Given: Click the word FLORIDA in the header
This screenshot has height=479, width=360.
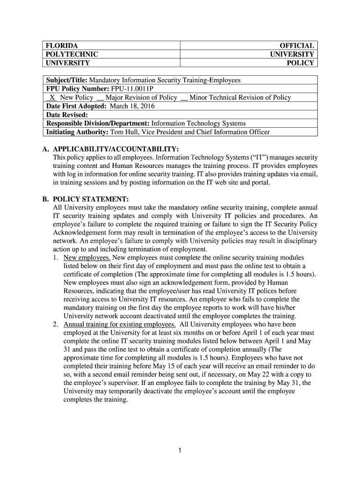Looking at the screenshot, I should coord(61,45).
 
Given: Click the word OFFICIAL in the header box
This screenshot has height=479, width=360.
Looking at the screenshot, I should coord(297,45).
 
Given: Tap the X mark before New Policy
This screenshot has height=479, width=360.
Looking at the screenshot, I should coord(52,97).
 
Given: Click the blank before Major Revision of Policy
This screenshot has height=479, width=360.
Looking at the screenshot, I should coord(100,98).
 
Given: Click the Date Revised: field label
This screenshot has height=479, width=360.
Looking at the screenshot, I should coord(67,115).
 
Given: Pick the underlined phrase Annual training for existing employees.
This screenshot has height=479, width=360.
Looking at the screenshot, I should coord(120,324).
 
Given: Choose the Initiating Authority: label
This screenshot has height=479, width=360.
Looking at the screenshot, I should coord(77,132).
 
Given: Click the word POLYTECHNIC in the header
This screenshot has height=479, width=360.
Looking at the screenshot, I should coord(71,54).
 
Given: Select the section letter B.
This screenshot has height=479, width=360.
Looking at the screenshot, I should coord(46,198).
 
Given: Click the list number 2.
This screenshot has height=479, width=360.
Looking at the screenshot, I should coord(56,324).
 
